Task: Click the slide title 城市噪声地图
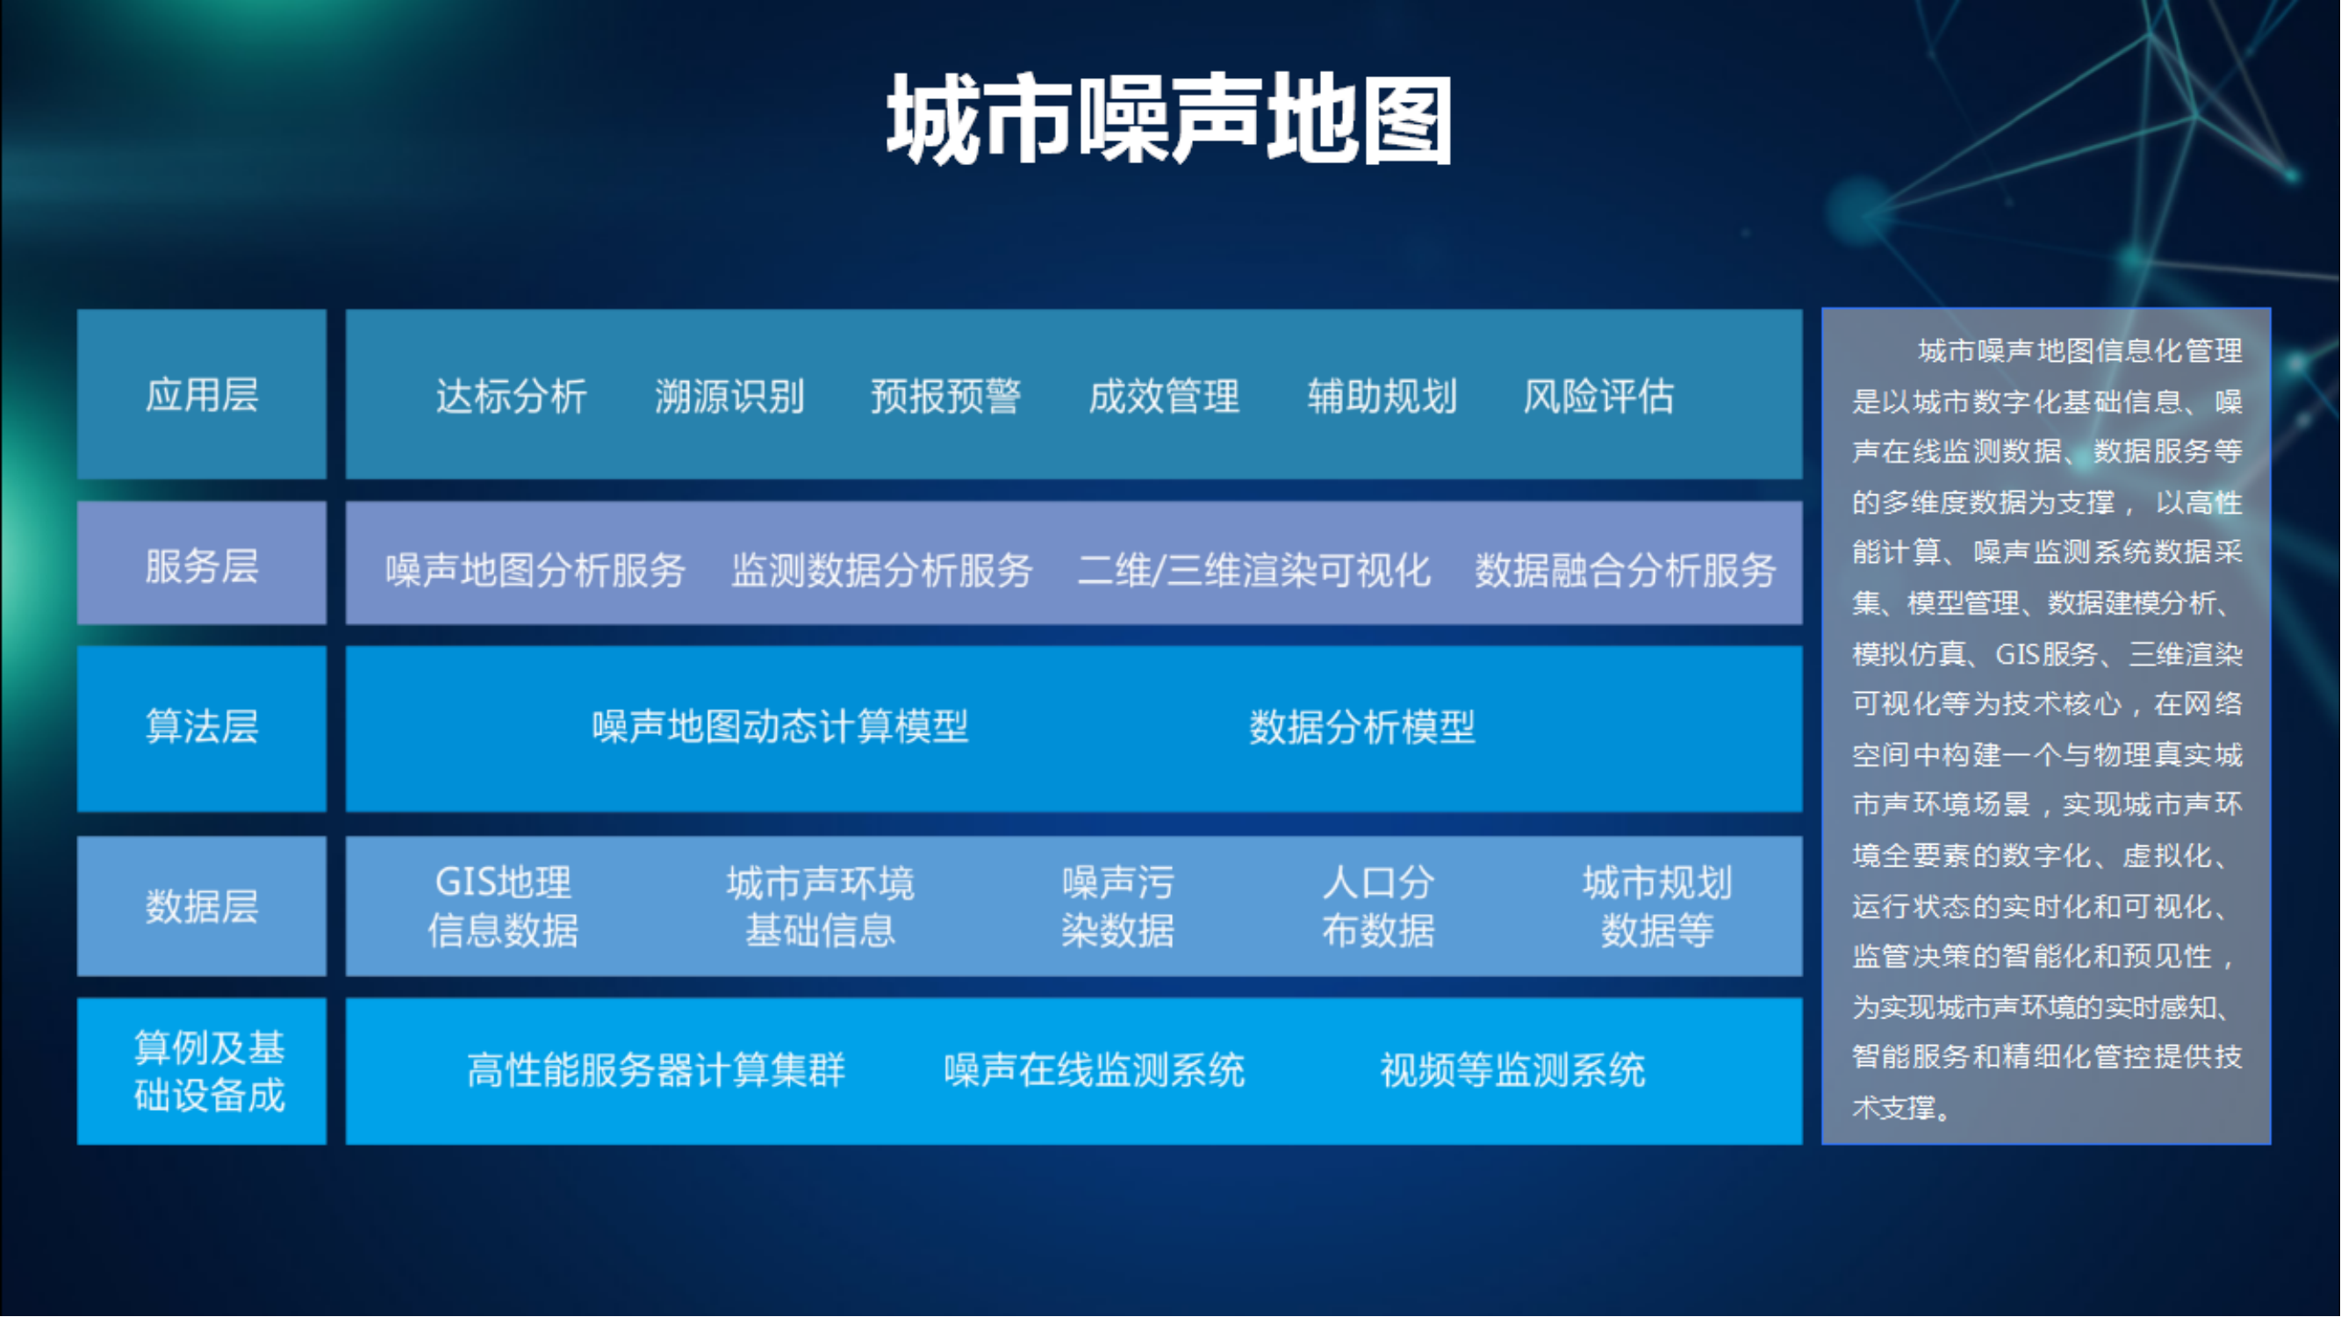tap(1169, 119)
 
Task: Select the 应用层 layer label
tap(202, 395)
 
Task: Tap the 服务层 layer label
tap(202, 565)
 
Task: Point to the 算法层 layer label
tap(202, 726)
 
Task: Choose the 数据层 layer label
tap(202, 906)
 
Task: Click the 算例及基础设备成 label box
tap(202, 1071)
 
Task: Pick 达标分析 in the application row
tap(511, 396)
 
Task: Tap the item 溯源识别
tap(729, 396)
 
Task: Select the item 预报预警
tap(946, 396)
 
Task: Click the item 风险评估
tap(1598, 396)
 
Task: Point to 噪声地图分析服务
tap(535, 570)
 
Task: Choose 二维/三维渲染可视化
tap(1254, 570)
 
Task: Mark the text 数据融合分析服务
tap(1626, 570)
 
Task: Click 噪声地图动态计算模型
tap(780, 726)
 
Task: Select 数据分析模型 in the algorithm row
tap(1362, 726)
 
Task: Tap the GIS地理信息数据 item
tap(503, 906)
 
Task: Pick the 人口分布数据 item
tap(1379, 906)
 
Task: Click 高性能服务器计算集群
tap(657, 1069)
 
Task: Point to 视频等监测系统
tap(1513, 1069)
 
